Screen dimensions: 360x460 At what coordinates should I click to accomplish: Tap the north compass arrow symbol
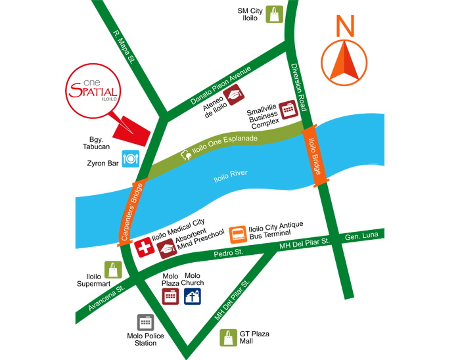(344, 58)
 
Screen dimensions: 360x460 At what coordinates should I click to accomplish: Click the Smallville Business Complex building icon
(288, 108)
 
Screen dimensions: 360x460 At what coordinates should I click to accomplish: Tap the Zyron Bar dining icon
(130, 158)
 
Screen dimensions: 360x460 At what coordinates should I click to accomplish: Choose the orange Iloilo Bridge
(314, 156)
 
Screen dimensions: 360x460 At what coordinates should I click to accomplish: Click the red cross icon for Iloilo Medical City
(143, 248)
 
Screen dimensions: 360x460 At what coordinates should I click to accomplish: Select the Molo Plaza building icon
(171, 296)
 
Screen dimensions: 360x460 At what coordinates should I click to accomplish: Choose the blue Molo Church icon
(193, 296)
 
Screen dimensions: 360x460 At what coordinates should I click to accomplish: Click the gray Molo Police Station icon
(145, 323)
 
